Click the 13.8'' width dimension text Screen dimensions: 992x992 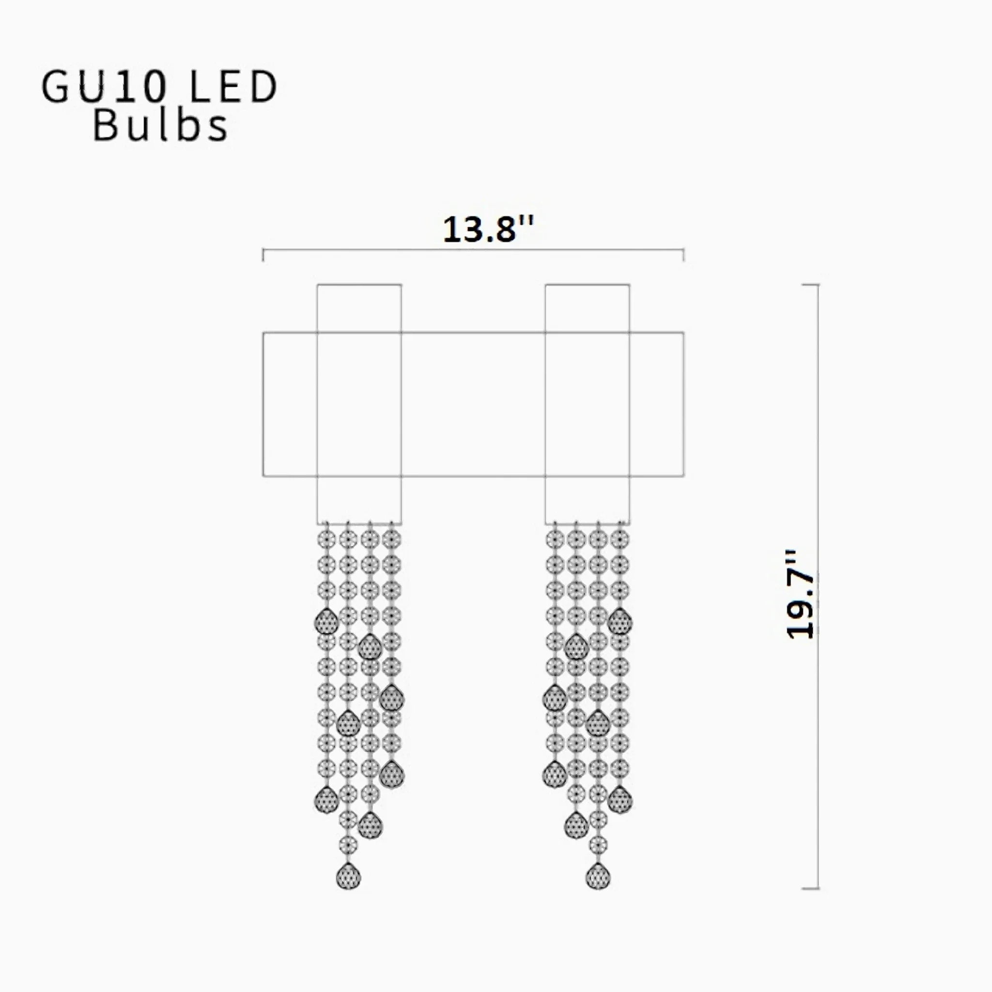pos(488,230)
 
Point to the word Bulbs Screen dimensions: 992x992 pos(160,126)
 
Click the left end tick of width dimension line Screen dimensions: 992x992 pos(263,255)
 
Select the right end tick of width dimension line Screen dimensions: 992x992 pos(683,255)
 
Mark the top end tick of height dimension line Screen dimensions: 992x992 pos(811,284)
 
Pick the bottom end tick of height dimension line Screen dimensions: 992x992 pos(811,888)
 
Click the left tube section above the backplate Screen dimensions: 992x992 pos(359,308)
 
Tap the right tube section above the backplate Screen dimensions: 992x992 pos(588,308)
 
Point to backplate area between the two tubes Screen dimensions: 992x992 pos(473,404)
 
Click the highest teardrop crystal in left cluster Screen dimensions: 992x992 pos(326,622)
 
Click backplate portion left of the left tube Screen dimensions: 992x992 pos(290,404)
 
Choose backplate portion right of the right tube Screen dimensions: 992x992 pos(656,404)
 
